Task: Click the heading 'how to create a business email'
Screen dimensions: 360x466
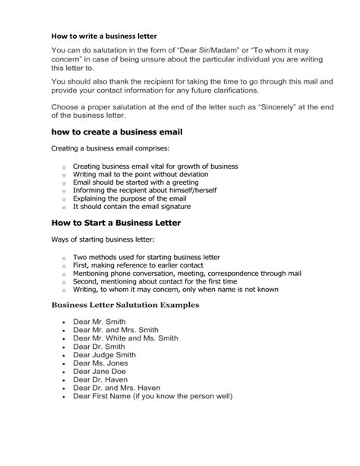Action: point(117,132)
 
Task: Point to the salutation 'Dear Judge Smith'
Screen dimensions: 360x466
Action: point(105,354)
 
